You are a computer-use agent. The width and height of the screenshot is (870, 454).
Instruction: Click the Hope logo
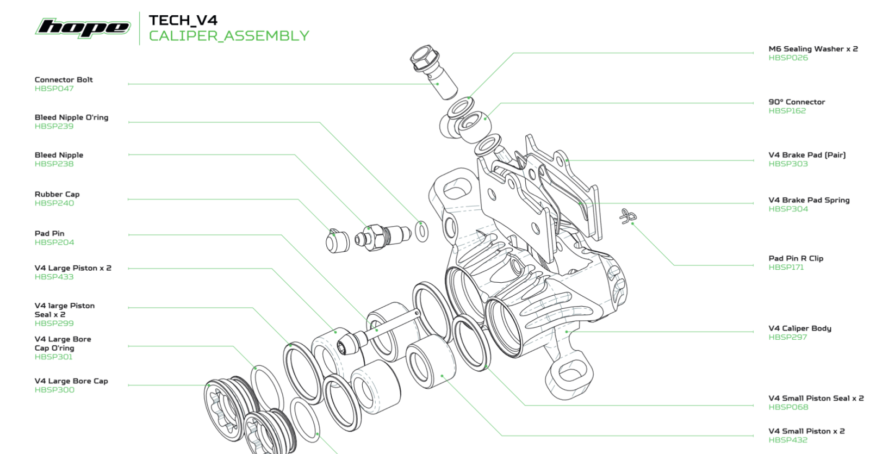83,27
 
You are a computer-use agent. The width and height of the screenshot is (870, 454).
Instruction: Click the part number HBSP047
54,89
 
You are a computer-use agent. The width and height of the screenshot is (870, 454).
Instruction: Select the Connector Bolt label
64,79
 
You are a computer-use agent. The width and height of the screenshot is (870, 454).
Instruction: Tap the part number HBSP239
54,126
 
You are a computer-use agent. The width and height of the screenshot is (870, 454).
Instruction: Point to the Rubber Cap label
57,194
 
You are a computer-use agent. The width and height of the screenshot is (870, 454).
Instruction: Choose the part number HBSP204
54,242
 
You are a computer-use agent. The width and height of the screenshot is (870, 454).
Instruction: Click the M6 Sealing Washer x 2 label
813,49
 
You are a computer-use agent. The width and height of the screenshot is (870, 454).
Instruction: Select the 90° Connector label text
797,102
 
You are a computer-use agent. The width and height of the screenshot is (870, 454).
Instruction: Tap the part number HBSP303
788,164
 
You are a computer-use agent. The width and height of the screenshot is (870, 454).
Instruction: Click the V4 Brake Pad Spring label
809,200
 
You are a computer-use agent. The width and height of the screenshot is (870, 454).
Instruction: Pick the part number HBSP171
786,267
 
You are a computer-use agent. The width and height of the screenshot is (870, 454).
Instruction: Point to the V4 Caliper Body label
800,328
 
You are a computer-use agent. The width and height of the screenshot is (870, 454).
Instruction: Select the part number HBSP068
788,407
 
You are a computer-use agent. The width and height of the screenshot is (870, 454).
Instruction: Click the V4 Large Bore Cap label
71,381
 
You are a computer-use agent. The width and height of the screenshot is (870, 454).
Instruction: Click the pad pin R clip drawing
628,216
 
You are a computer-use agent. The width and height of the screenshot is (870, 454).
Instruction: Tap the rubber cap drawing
338,241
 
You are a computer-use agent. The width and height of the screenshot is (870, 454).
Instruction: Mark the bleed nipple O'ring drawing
421,232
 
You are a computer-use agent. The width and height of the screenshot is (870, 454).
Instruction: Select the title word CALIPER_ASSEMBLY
229,36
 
